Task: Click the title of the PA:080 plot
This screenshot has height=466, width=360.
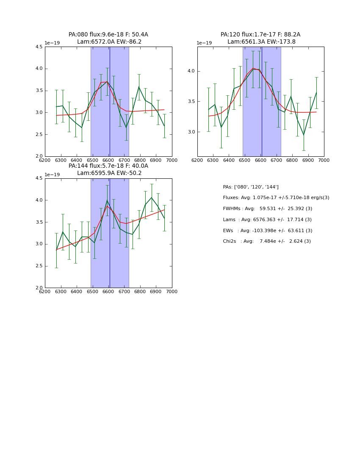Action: click(108, 38)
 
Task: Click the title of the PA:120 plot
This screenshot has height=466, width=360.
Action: click(260, 38)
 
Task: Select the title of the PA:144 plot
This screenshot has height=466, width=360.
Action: click(108, 169)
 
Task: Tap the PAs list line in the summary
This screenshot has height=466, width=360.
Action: click(251, 187)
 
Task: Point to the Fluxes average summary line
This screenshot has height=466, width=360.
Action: click(276, 198)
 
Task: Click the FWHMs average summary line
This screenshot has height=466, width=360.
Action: click(267, 209)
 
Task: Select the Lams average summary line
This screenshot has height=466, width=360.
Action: click(267, 220)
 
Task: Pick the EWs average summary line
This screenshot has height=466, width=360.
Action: click(267, 231)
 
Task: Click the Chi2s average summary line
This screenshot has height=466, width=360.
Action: click(267, 241)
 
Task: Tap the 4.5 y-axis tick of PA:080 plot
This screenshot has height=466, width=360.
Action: click(39, 47)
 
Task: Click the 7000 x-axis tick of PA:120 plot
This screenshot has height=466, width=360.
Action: click(324, 161)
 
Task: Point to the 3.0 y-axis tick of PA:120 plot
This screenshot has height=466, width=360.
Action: click(191, 132)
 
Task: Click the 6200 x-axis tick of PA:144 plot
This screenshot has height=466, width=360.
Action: click(45, 292)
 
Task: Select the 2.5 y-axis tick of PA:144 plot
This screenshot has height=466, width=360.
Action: click(39, 266)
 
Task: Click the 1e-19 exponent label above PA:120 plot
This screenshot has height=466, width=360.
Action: click(204, 43)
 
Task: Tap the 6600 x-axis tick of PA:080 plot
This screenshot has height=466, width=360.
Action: click(108, 161)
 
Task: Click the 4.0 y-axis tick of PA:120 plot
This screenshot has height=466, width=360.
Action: click(191, 71)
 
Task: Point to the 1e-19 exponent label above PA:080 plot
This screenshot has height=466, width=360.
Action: click(52, 43)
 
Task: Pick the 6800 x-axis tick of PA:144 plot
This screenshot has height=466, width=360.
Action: click(140, 292)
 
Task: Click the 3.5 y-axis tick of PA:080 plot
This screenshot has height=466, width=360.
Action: click(39, 91)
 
